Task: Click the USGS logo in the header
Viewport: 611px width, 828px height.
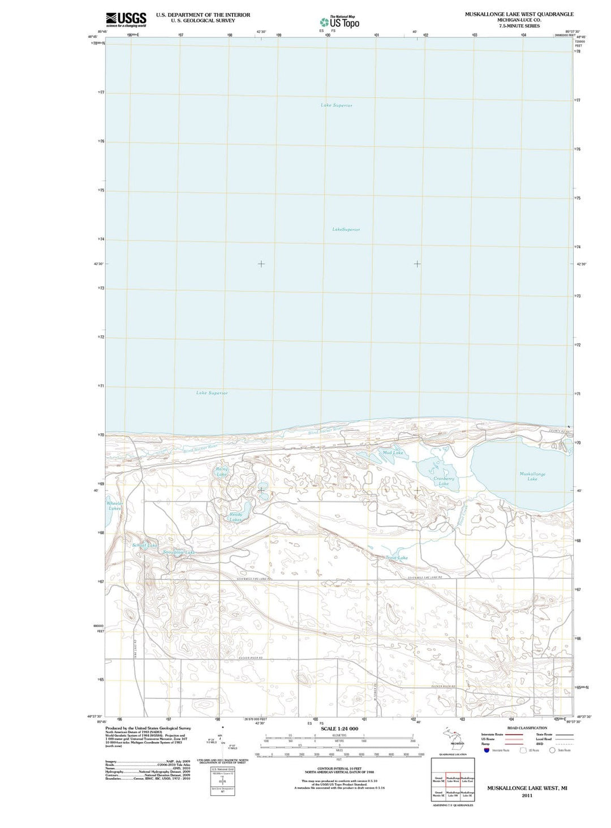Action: tap(126, 19)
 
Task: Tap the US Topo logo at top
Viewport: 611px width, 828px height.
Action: tap(339, 22)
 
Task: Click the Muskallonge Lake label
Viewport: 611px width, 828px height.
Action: tap(532, 476)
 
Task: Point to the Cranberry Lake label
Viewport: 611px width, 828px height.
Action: tap(444, 481)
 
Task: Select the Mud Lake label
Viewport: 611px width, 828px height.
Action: tap(393, 452)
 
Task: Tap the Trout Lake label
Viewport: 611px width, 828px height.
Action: tap(397, 558)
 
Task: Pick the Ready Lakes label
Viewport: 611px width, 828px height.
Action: tap(236, 516)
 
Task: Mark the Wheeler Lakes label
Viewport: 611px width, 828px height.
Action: tap(115, 506)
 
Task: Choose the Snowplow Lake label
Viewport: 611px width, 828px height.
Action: tap(178, 552)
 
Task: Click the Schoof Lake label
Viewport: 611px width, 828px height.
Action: tap(144, 545)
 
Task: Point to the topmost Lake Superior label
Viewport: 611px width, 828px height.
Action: tap(336, 105)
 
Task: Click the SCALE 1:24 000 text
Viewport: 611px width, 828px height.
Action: tap(339, 728)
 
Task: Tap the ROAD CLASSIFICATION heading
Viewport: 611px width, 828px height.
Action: tap(527, 728)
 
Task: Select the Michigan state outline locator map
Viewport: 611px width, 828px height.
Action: tap(453, 739)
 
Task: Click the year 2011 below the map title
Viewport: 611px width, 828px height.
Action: tap(527, 795)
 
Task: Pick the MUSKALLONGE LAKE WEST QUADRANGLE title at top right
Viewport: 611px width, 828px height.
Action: tap(519, 14)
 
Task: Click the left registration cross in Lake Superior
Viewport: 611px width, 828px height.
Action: tap(261, 264)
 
